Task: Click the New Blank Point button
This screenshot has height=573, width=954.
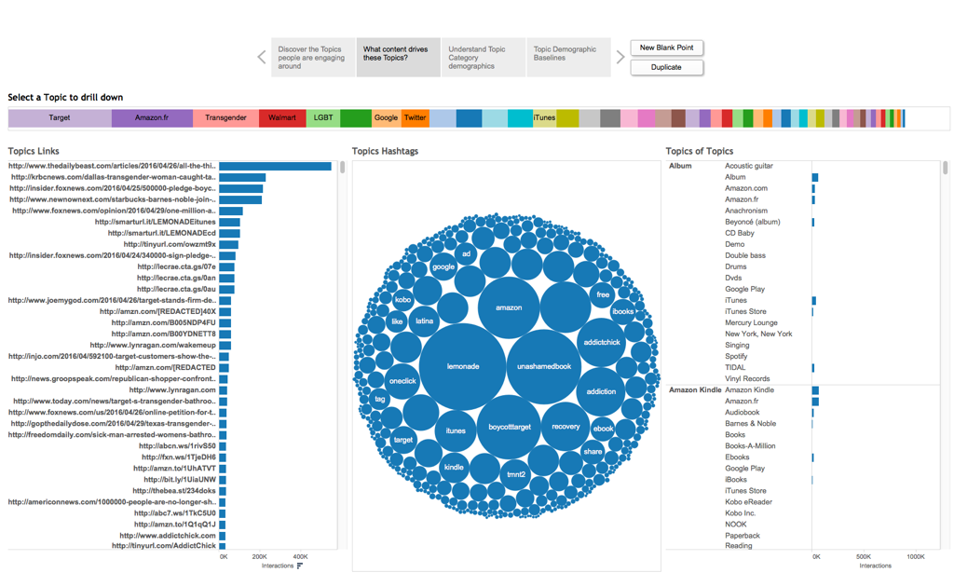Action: point(667,48)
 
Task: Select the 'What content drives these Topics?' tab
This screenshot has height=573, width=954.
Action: point(398,58)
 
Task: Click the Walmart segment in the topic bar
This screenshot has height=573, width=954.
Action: point(281,118)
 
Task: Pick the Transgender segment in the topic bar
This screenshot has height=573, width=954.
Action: point(225,118)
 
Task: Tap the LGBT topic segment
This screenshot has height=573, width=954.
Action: point(323,118)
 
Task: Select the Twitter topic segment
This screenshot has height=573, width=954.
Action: point(416,118)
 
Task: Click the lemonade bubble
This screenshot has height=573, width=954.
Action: point(463,366)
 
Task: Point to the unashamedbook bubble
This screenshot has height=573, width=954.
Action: point(544,366)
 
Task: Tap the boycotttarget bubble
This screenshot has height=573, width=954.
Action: point(509,427)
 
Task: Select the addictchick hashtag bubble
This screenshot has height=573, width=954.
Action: point(602,342)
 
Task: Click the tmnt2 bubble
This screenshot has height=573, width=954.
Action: point(515,474)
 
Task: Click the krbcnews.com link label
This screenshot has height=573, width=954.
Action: point(113,177)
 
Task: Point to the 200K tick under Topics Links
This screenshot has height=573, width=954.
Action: point(260,556)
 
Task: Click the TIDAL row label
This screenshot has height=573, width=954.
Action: point(735,368)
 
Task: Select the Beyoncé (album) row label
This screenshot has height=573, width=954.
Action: point(752,222)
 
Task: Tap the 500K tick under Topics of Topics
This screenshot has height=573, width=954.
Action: point(863,556)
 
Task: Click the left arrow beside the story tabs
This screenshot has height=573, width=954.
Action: point(262,58)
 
